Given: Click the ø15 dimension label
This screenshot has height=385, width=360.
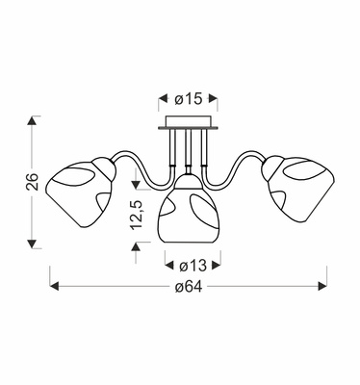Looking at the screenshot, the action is click(x=189, y=99).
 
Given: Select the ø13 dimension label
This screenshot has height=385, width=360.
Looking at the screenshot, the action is click(x=193, y=266).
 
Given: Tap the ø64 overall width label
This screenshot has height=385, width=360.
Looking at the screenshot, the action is click(x=189, y=287).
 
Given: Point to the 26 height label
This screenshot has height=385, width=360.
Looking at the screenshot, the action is click(x=33, y=182).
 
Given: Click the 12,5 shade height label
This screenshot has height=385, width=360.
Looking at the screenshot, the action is click(x=136, y=215).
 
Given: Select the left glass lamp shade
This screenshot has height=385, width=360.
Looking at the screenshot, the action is click(x=80, y=192).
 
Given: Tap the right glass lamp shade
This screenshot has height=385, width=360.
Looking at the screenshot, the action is click(x=298, y=189).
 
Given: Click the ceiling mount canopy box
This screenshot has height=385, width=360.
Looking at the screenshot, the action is click(x=188, y=123).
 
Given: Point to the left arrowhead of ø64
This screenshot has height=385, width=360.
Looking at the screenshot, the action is click(x=55, y=286).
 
